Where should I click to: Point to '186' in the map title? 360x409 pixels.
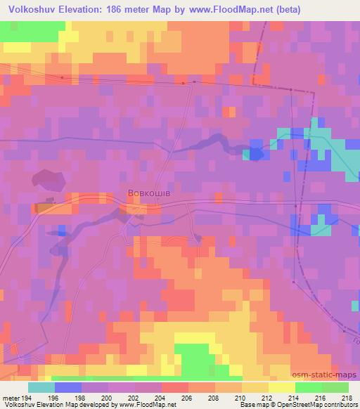pos(124,11)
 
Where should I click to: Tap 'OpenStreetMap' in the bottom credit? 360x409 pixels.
pos(301,405)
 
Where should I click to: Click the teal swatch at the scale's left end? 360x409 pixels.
pos(41,387)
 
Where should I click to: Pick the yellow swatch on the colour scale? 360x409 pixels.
pos(281,387)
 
